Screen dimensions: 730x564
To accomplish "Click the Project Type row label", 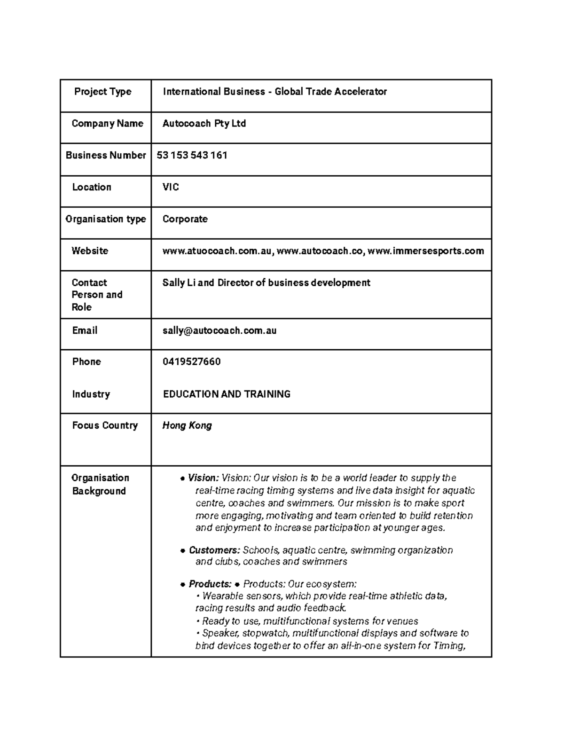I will pos(102,92).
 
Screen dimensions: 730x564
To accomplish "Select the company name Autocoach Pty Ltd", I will pos(204,124).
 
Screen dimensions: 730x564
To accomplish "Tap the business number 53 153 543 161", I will pos(192,155).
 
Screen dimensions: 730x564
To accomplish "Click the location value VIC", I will pos(171,187).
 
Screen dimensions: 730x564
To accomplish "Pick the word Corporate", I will pos(185,219).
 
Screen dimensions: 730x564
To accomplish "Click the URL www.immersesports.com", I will pos(425,251).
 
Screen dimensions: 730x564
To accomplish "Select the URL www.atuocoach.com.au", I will pos(217,251).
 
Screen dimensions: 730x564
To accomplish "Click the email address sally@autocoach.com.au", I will pos(219,330).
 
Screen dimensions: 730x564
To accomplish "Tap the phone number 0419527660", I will pos(191,362).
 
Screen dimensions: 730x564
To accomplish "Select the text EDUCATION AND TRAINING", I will pos(227,394).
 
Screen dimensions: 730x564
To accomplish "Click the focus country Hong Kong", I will pos(187,426).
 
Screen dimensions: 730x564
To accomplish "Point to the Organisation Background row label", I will pos(100,484).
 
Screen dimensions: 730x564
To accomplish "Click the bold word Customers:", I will pos(214,550).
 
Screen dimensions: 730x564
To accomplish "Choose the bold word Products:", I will pos(210,584).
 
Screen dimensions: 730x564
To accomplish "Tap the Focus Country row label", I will pos(105,425).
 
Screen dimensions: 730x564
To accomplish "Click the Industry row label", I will pos(91,394).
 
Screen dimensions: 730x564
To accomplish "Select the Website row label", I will pos(89,251).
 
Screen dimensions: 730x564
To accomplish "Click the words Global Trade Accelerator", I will pos(330,92).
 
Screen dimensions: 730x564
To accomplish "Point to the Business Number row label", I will pos(106,155).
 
